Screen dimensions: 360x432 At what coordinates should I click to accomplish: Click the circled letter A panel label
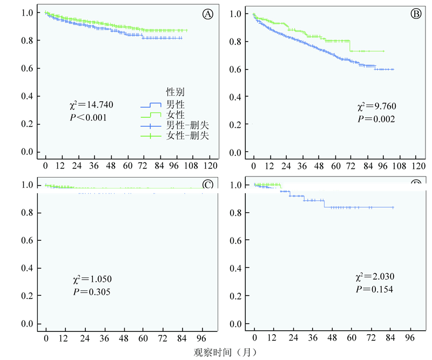pos(207,15)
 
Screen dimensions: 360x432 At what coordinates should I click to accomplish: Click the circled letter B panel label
pos(416,15)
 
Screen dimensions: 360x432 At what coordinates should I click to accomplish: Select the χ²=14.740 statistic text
pos(89,105)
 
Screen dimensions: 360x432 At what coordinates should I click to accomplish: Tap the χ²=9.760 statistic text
pos(376,108)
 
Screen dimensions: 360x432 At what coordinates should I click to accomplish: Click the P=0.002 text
pos(376,120)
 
